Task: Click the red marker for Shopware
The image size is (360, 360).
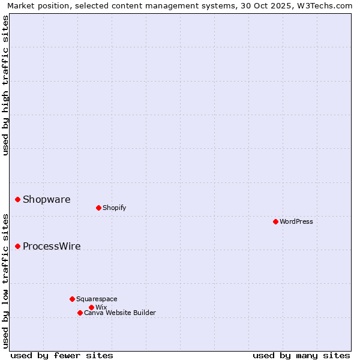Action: pos(18,199)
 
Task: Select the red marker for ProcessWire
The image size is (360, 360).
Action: pos(18,246)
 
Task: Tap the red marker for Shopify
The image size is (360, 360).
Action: pos(98,208)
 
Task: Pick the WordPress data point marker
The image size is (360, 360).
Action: pos(275,221)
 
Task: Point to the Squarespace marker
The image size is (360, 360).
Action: pos(72,299)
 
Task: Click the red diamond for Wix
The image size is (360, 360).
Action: pos(91,307)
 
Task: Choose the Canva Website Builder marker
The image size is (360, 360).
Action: pos(80,313)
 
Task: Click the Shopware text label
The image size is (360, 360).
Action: pos(46,200)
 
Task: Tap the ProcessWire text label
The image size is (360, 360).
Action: pos(52,247)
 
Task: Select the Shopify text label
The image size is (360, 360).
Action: pos(114,208)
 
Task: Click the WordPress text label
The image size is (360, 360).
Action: pos(296,222)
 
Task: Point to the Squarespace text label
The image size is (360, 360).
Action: pos(97,299)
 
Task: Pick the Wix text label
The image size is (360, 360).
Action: pos(101,308)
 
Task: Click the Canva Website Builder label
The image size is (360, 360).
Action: pos(120,313)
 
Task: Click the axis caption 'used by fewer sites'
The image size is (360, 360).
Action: pos(62,356)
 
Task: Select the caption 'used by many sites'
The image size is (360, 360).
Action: pos(301,356)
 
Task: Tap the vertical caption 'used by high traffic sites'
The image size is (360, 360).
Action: pos(5,86)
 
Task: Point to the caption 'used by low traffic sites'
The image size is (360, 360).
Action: pos(5,281)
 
